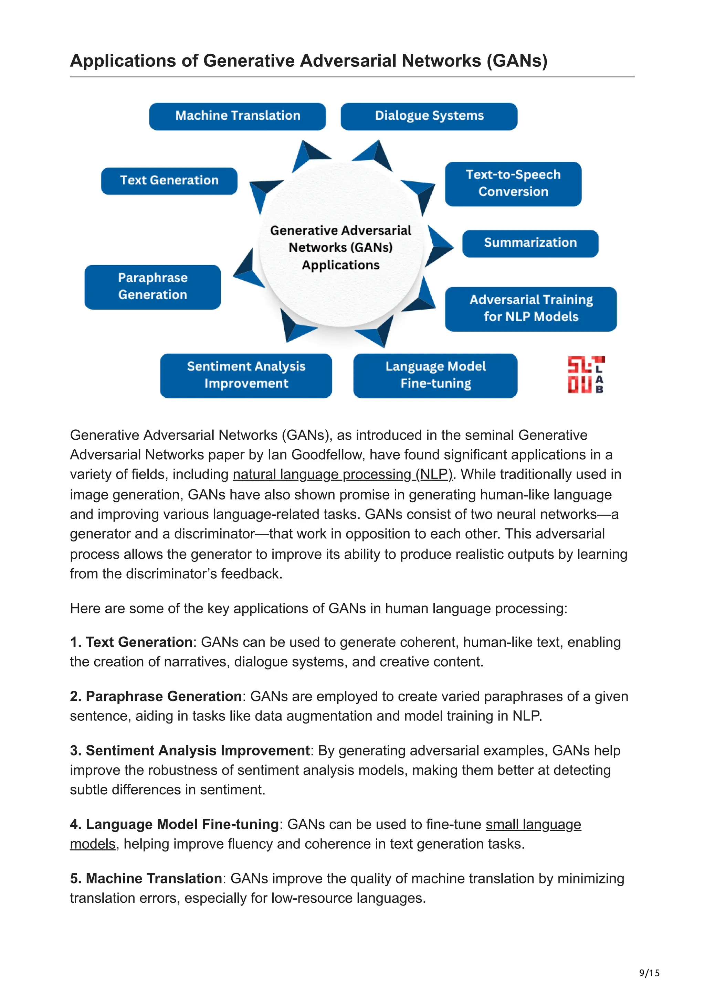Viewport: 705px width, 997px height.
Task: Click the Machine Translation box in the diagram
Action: tap(237, 116)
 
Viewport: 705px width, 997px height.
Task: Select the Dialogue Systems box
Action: tap(429, 116)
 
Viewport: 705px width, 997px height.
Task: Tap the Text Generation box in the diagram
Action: tap(169, 181)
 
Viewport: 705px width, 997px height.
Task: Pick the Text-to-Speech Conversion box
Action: tap(513, 184)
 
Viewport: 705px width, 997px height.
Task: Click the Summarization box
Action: tap(530, 243)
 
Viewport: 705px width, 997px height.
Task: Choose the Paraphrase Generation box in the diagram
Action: tap(152, 287)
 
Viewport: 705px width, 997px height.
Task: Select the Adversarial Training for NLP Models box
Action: tap(530, 309)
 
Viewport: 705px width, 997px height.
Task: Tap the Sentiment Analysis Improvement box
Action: tap(246, 375)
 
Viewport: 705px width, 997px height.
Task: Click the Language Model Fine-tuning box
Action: tap(435, 375)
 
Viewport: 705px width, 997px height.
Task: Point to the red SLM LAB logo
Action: tap(586, 375)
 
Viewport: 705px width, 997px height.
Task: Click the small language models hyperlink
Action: tap(533, 824)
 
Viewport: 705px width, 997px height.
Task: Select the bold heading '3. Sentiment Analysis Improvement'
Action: tap(190, 750)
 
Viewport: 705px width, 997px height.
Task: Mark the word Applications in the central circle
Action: tap(340, 265)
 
